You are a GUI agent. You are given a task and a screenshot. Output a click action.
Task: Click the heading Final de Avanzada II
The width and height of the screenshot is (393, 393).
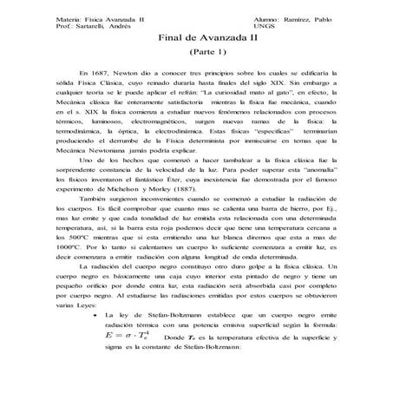pyautogui.click(x=195, y=38)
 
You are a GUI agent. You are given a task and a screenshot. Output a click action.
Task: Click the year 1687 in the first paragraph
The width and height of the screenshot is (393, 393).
pyautogui.click(x=100, y=75)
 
